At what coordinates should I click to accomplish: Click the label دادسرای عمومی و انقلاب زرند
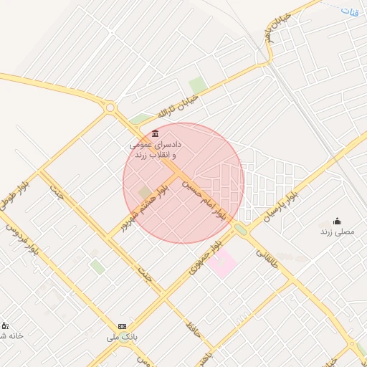point(156,149)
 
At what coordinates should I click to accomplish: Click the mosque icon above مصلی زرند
point(337,220)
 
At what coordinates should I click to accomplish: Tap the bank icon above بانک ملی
point(122,325)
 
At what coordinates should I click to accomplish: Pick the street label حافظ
point(191,330)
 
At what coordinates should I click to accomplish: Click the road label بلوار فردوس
point(22,241)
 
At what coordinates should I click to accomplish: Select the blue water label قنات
point(349,11)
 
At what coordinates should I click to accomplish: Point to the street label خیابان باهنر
point(278,29)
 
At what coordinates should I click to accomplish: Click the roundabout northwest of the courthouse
point(110,108)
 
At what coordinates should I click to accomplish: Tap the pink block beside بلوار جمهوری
point(224,264)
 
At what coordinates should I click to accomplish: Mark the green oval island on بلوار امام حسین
point(239,229)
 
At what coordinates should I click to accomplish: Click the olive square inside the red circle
point(146,193)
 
